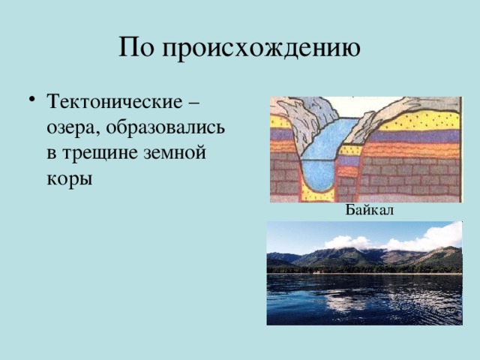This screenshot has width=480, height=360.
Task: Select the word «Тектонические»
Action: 121,100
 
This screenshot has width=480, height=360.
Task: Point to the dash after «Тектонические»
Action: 206,100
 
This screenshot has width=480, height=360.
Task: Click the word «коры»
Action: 69,181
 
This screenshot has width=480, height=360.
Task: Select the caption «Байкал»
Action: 370,211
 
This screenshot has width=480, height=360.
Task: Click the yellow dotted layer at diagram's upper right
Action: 420,120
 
